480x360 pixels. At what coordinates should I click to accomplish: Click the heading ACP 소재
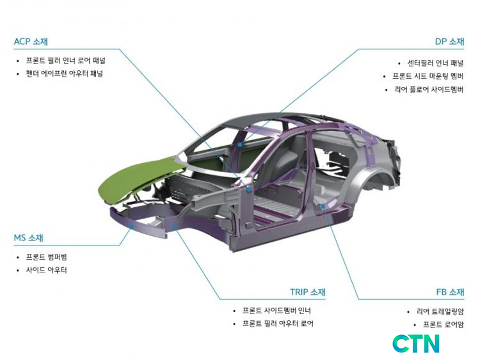click(x=31, y=42)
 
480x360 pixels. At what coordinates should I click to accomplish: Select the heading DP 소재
click(x=449, y=42)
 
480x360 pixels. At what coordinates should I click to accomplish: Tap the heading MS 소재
click(x=28, y=238)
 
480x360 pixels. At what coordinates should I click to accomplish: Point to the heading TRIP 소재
click(x=308, y=292)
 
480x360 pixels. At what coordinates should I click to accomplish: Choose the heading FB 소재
click(x=450, y=292)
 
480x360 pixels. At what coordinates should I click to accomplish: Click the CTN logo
click(x=416, y=343)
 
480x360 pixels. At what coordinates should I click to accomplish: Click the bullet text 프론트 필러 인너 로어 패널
click(x=65, y=61)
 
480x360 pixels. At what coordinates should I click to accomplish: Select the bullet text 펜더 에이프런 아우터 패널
click(x=64, y=74)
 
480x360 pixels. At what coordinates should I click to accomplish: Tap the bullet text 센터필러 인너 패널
click(x=435, y=63)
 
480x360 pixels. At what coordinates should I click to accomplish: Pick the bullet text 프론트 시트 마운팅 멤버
click(x=428, y=76)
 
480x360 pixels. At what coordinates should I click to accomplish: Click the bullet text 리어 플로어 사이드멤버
click(x=429, y=90)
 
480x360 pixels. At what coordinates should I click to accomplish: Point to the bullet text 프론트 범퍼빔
click(x=46, y=257)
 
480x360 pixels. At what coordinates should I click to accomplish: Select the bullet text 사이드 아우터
click(x=46, y=270)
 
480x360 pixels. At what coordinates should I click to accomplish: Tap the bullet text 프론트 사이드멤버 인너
click(x=276, y=311)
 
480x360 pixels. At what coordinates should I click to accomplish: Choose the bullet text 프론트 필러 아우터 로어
click(x=278, y=324)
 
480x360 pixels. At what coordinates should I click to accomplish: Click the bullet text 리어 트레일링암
click(x=440, y=311)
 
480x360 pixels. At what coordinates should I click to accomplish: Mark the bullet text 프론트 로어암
click(x=444, y=325)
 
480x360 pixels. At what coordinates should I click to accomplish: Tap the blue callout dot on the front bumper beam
click(x=131, y=226)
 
